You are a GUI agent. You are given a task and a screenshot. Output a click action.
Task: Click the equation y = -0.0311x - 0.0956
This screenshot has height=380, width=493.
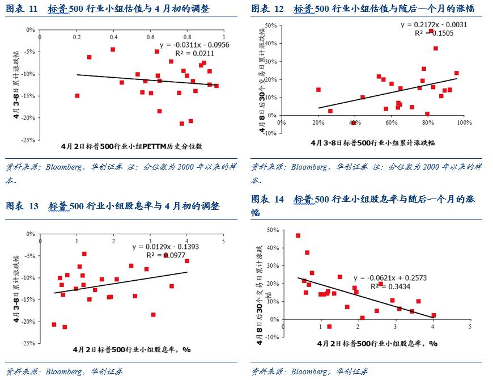[194, 44]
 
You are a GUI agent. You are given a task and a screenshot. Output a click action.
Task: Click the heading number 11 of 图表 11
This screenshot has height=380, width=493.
[33, 9]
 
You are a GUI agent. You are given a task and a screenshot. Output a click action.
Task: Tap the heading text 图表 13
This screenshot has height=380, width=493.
[22, 206]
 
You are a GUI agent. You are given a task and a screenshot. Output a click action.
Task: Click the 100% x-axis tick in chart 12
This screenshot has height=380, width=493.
[464, 123]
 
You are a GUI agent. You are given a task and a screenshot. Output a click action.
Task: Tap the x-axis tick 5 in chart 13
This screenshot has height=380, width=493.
[223, 241]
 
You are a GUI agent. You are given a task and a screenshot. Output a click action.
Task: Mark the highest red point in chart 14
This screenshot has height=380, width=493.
[298, 235]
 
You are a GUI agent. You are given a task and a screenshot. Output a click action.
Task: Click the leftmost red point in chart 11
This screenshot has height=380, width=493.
[77, 96]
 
